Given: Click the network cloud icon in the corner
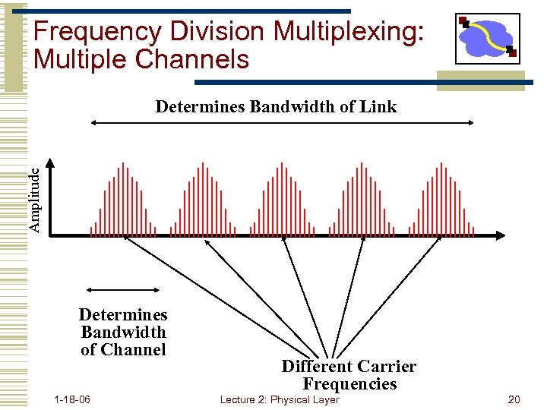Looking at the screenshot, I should pos(488,38).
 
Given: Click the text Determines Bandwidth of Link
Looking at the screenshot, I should pos(276,106).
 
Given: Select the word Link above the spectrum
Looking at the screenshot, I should pos(380,106).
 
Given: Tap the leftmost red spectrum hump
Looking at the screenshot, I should pos(122,201).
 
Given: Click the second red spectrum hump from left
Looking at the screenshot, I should pos(202,201).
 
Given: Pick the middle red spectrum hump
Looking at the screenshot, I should pos(283,201).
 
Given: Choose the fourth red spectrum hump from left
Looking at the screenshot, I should pos(362,201).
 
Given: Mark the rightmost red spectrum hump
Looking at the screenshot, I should pos(442,201).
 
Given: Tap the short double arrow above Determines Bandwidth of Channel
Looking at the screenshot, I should pos(123,289).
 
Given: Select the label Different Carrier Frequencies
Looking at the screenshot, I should pos(349,375).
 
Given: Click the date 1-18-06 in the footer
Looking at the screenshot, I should pos(73,399).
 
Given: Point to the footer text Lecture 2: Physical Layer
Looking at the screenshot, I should pos(279,399).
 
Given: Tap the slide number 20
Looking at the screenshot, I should pos(514,399).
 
